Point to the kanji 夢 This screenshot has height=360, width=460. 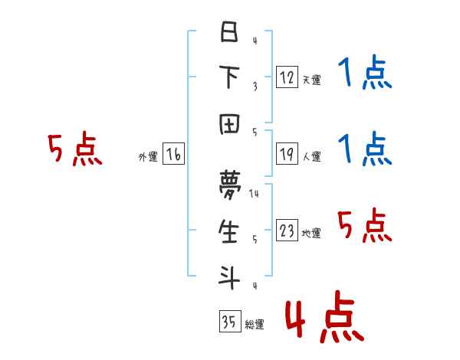(x=229, y=183)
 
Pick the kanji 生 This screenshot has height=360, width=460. (x=229, y=229)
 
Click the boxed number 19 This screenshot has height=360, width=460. (x=287, y=154)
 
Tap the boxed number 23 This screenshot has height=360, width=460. (x=287, y=231)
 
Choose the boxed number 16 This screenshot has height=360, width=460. (x=173, y=155)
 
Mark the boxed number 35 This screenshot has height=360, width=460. (x=228, y=322)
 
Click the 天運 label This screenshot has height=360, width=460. (x=311, y=80)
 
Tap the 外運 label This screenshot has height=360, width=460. (x=148, y=157)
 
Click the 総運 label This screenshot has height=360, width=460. (x=255, y=325)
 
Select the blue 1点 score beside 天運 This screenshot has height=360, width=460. (x=365, y=74)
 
